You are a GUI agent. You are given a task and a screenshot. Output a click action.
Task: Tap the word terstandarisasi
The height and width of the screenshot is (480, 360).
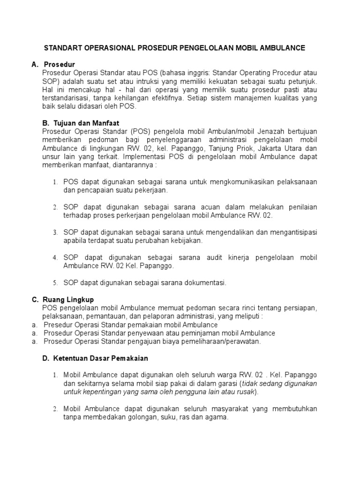click(65, 98)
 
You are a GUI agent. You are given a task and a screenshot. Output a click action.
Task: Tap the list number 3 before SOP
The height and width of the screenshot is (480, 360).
click(54, 232)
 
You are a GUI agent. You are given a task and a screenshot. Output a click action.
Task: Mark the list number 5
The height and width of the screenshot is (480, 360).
click(54, 283)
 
